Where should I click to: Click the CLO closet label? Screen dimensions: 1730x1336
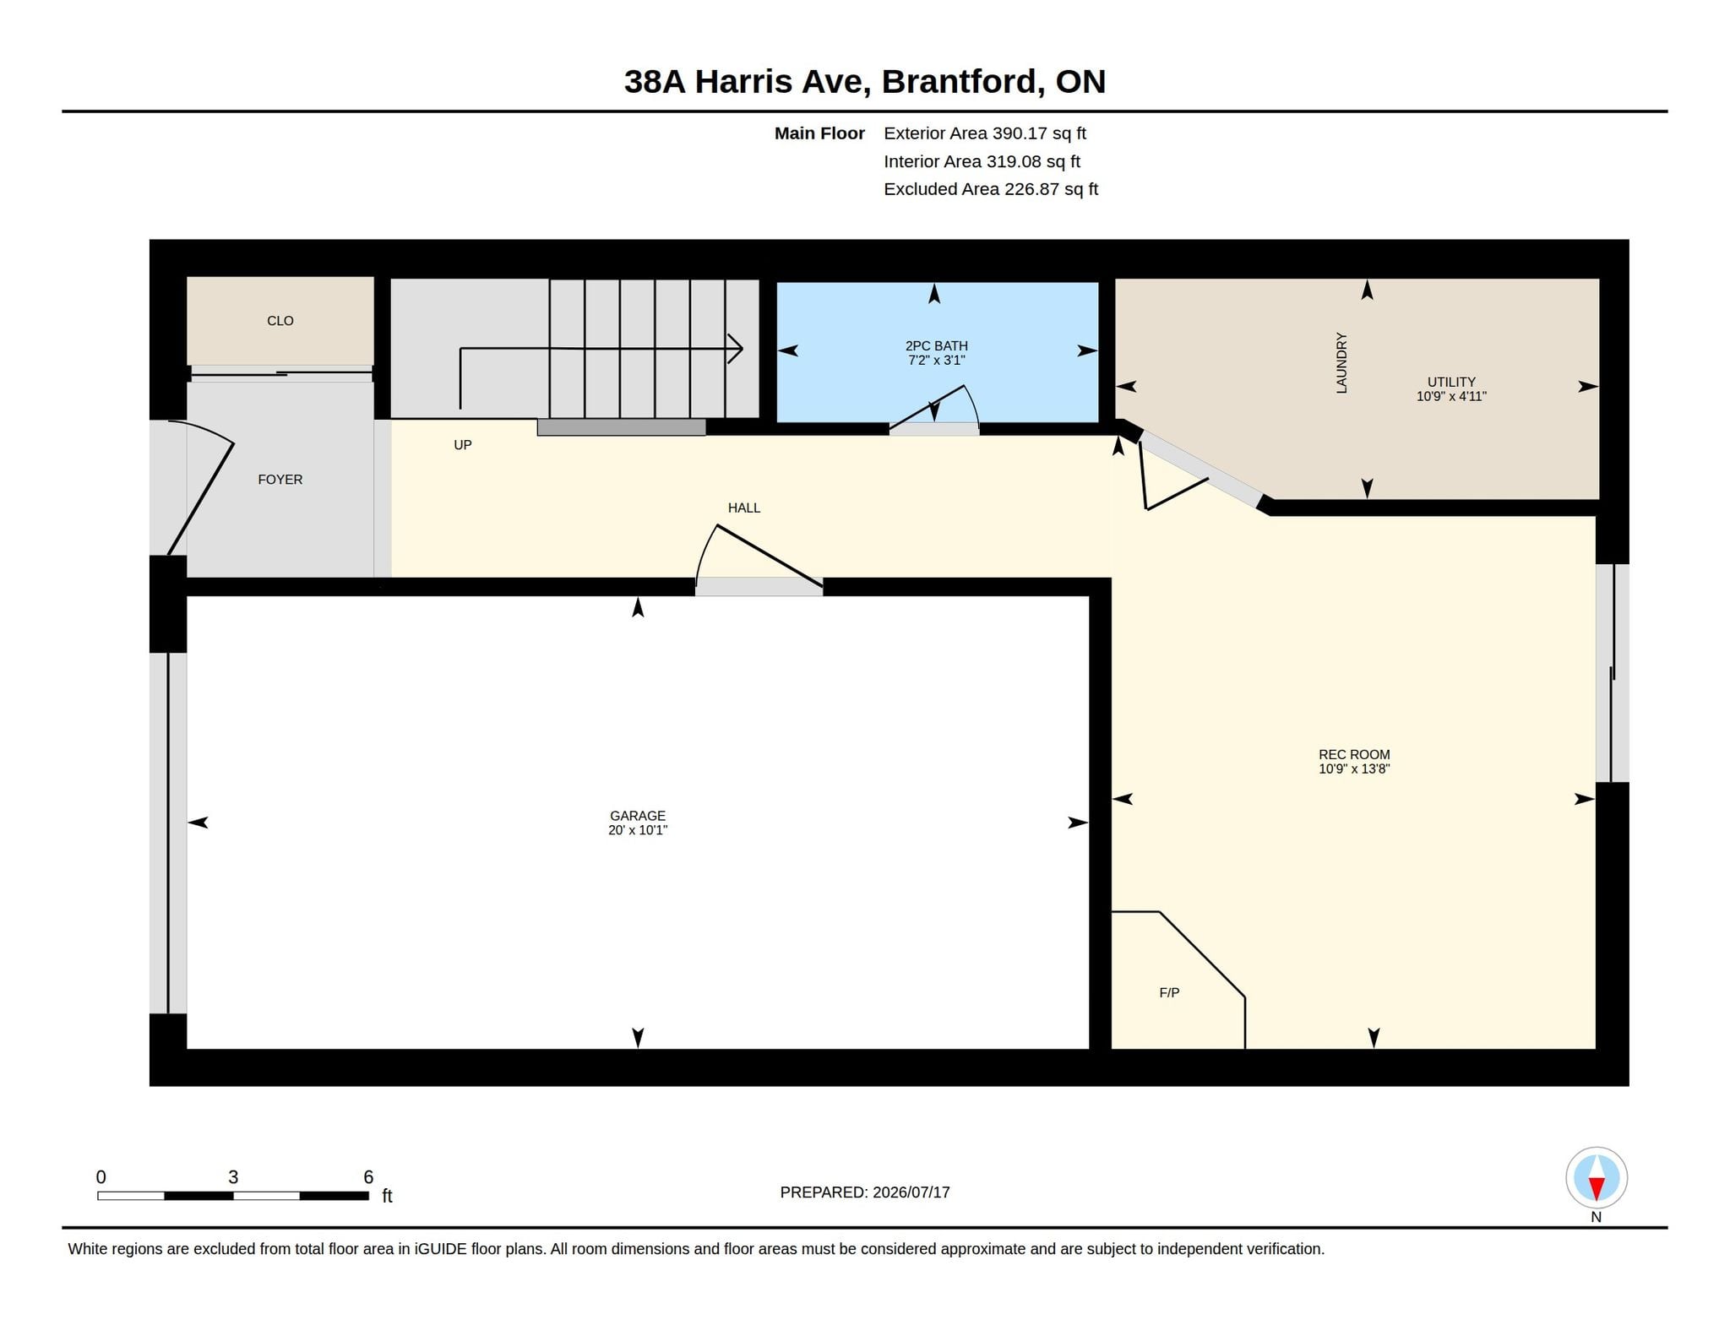(x=280, y=321)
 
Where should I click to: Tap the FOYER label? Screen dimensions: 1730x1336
(x=280, y=480)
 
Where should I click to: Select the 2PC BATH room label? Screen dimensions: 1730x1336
(x=936, y=346)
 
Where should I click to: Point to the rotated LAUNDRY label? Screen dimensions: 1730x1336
(x=1341, y=363)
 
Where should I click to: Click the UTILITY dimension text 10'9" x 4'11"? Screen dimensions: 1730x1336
(x=1451, y=396)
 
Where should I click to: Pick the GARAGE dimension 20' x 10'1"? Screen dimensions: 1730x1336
(x=638, y=830)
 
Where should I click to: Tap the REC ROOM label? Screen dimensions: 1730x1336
(x=1354, y=755)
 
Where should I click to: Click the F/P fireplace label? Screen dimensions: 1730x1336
(x=1169, y=993)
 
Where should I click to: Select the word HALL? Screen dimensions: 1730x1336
(x=744, y=508)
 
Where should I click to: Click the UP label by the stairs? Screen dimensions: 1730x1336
(x=463, y=445)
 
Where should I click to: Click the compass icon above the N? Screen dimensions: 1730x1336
(x=1597, y=1178)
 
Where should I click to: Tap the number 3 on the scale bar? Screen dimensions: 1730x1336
(x=233, y=1177)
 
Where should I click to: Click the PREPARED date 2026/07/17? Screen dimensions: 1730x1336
(x=911, y=1192)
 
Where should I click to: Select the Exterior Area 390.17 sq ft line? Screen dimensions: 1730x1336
(x=985, y=133)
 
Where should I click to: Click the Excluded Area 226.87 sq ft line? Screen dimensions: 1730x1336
(x=991, y=189)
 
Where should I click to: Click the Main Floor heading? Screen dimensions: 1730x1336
(x=819, y=133)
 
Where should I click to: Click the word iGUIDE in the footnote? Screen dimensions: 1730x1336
(x=440, y=1249)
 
